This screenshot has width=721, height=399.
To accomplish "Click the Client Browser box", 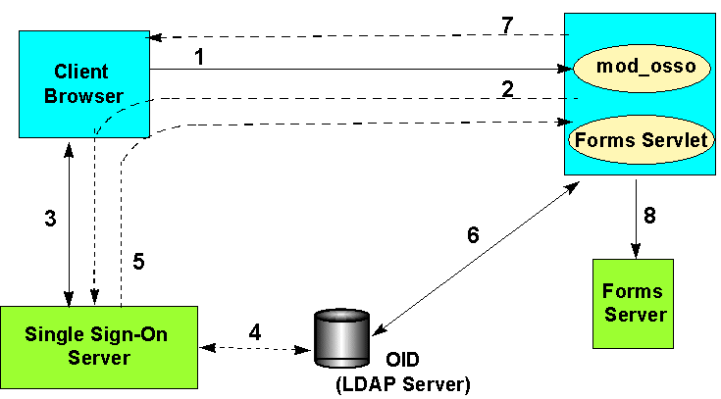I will click(81, 84).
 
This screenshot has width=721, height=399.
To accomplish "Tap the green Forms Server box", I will click(634, 303).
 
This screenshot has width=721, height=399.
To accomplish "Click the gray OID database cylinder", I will click(341, 338).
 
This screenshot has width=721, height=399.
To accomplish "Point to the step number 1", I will click(199, 57).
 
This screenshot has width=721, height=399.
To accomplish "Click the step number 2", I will click(507, 88).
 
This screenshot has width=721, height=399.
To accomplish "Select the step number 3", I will click(50, 220).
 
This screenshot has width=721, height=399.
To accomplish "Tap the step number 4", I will click(254, 331).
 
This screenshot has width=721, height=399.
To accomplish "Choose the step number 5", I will click(138, 262).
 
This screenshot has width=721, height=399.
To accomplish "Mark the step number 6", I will click(473, 234).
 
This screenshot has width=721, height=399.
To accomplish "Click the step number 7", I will click(507, 25).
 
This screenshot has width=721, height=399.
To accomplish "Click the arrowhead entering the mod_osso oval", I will click(565, 70).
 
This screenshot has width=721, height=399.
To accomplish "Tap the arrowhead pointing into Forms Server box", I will click(635, 253).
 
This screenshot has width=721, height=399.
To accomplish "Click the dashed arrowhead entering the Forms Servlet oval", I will click(563, 124).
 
